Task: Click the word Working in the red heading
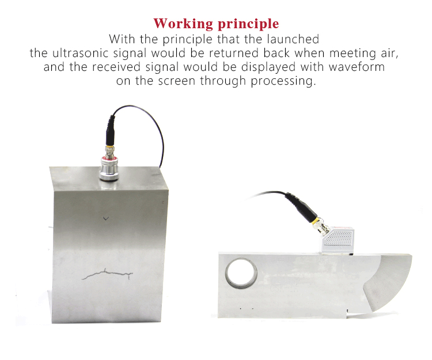[183, 24]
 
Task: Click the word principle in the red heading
[248, 24]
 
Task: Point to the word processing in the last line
[283, 81]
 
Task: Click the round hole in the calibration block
[241, 273]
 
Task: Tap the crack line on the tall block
[107, 274]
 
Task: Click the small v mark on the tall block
[106, 219]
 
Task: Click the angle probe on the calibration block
[338, 240]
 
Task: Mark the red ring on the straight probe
[109, 158]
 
